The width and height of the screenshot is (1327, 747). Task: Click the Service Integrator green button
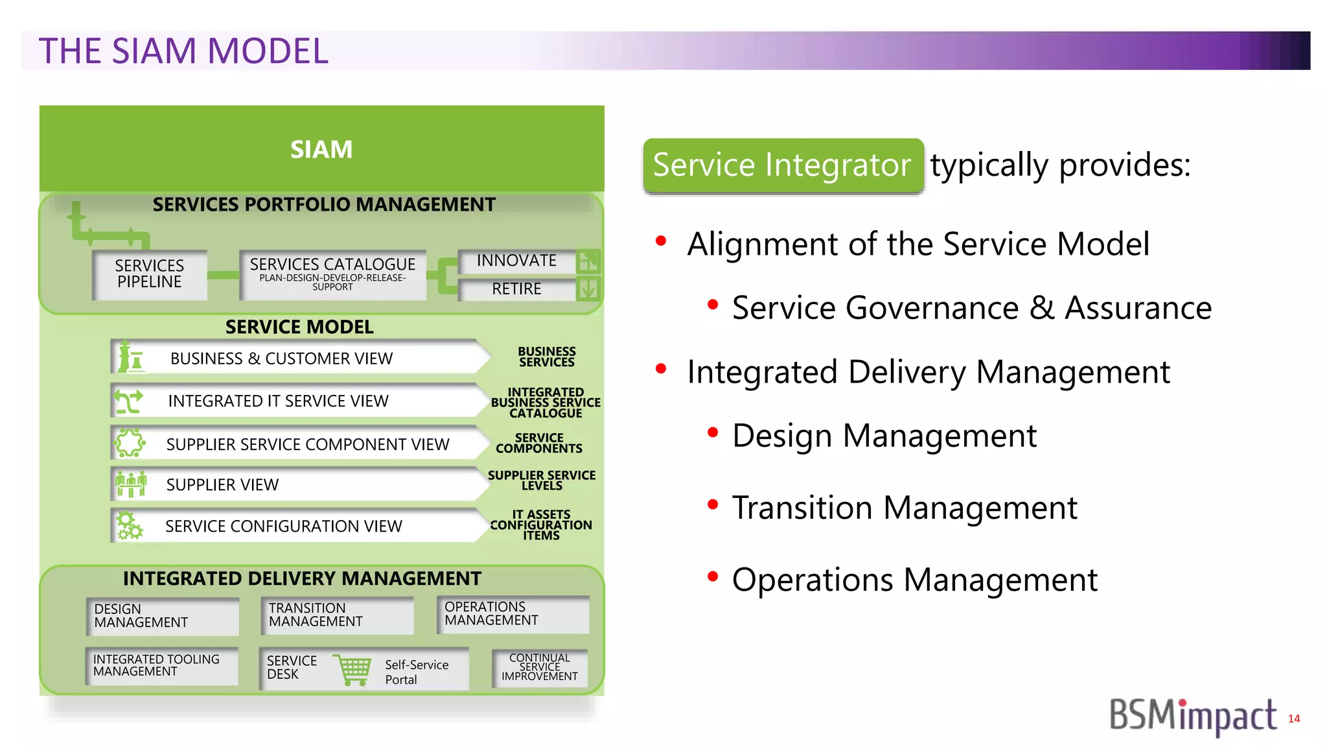pos(783,165)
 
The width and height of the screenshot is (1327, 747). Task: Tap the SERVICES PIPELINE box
pos(150,274)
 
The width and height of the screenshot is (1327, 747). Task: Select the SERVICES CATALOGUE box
pos(332,274)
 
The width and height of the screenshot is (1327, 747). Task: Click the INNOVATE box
pos(516,261)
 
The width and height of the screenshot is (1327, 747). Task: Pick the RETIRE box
pos(516,289)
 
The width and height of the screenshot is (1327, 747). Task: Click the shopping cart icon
pos(353,670)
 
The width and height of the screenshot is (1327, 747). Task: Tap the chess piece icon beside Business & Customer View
pos(131,357)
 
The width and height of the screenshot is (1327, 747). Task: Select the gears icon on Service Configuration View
pos(129,525)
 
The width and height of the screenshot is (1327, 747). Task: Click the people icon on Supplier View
pos(131,484)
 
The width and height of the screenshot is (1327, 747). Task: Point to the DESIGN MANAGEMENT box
pos(162,616)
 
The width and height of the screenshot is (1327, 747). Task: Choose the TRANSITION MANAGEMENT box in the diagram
pos(337,615)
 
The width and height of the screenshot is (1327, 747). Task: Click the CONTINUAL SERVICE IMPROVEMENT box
pos(540,667)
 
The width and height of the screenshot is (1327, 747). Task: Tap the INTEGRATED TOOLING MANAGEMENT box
pos(162,666)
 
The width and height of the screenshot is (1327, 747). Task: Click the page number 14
pos(1293,718)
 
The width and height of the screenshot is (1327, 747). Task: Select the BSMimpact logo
pos(1192,717)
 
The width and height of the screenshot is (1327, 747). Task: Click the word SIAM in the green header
pos(321,150)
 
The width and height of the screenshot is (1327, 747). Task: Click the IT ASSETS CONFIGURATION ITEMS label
pos(541,525)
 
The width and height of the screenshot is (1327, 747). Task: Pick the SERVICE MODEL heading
pos(299,327)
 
